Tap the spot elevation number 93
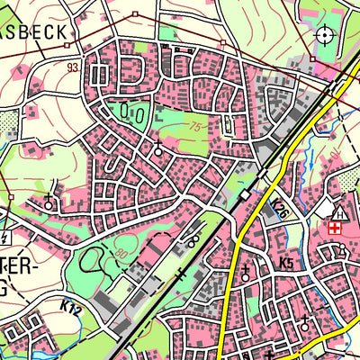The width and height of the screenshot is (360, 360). click(x=72, y=66)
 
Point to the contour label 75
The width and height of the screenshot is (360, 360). click(x=195, y=127)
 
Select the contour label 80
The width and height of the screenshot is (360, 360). click(x=121, y=254)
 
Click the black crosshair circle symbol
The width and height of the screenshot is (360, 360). click(x=324, y=36)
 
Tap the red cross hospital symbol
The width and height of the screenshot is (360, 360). click(x=335, y=229)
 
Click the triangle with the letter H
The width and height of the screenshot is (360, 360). click(x=340, y=213)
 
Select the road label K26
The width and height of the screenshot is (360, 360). click(x=280, y=211)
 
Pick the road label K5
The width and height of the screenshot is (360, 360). click(x=286, y=263)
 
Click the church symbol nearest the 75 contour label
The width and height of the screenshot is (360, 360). click(x=158, y=149)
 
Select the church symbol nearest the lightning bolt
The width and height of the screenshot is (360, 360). click(x=48, y=201)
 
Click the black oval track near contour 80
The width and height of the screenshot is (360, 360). click(x=91, y=261)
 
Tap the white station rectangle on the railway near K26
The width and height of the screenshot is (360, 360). click(x=246, y=193)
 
